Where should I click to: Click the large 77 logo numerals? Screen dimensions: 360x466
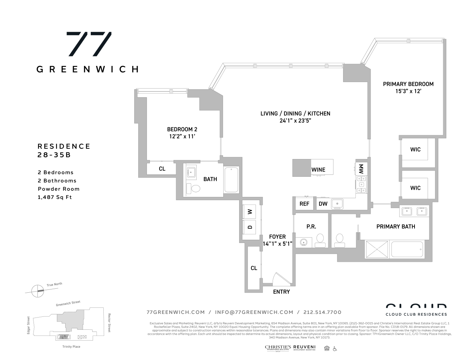coord(89,44)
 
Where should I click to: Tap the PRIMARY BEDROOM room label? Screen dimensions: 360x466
coord(408,84)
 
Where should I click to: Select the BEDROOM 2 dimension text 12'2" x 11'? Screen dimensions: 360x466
coord(182,136)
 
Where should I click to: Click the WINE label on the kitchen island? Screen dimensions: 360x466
coord(318,170)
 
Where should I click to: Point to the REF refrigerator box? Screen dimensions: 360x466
coord(304,204)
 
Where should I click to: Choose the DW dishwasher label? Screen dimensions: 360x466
coord(323,204)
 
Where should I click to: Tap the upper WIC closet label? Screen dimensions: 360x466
coord(415,149)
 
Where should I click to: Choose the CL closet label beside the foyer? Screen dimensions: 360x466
coord(254,268)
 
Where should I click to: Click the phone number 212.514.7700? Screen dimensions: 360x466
coord(322,312)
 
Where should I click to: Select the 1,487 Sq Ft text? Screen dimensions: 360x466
coord(55,197)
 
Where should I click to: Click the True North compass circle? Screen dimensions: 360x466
coord(37,290)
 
